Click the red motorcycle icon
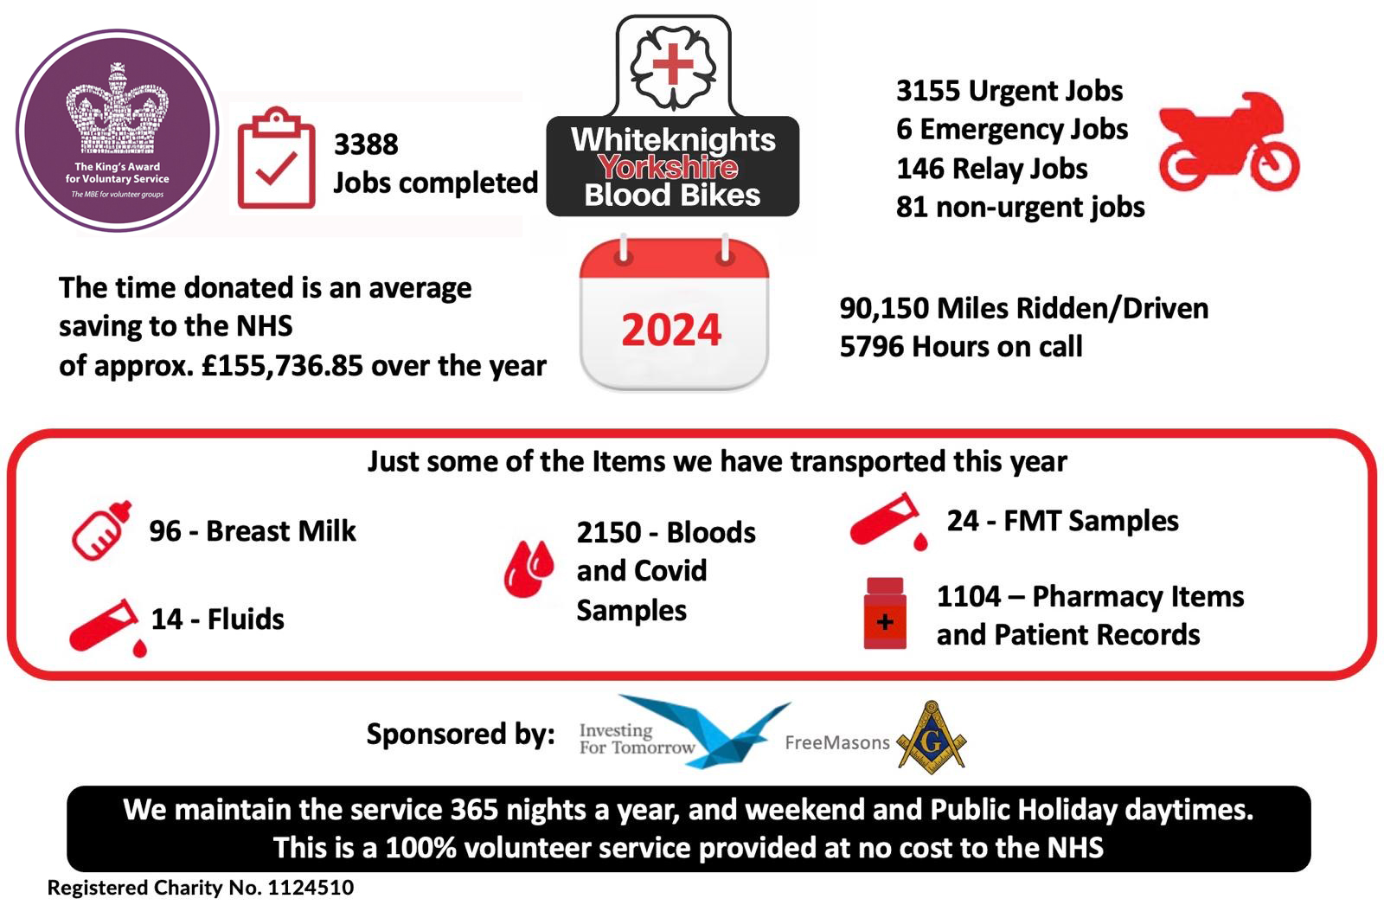[x=1228, y=142]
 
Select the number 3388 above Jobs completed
[x=366, y=144]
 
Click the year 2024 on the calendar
[x=671, y=330]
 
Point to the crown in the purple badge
[x=118, y=108]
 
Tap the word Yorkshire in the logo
[x=668, y=167]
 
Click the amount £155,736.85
[x=282, y=366]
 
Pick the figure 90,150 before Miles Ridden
[x=883, y=309]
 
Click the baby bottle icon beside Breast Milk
[x=102, y=530]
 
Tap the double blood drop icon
[x=529, y=568]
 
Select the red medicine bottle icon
[x=885, y=613]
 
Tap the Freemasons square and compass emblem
[x=931, y=737]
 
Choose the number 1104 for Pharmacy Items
[x=968, y=596]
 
